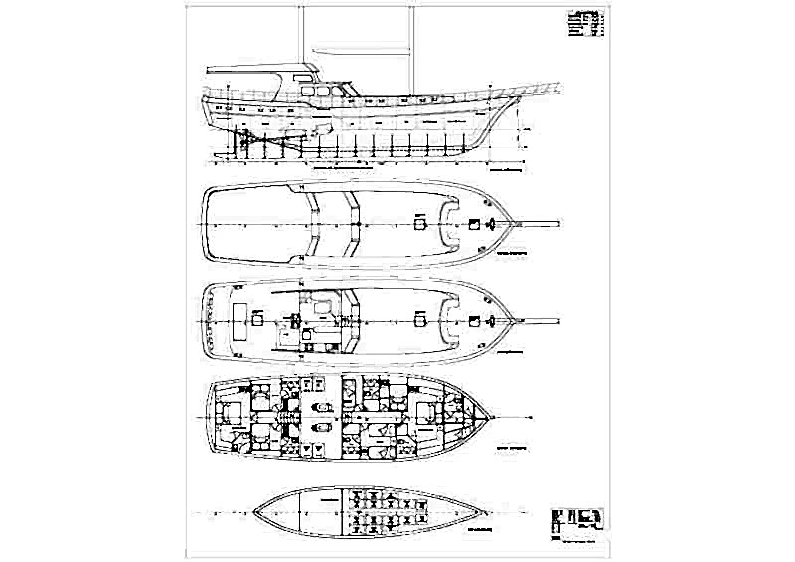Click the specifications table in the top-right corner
pyautogui.click(x=584, y=24)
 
